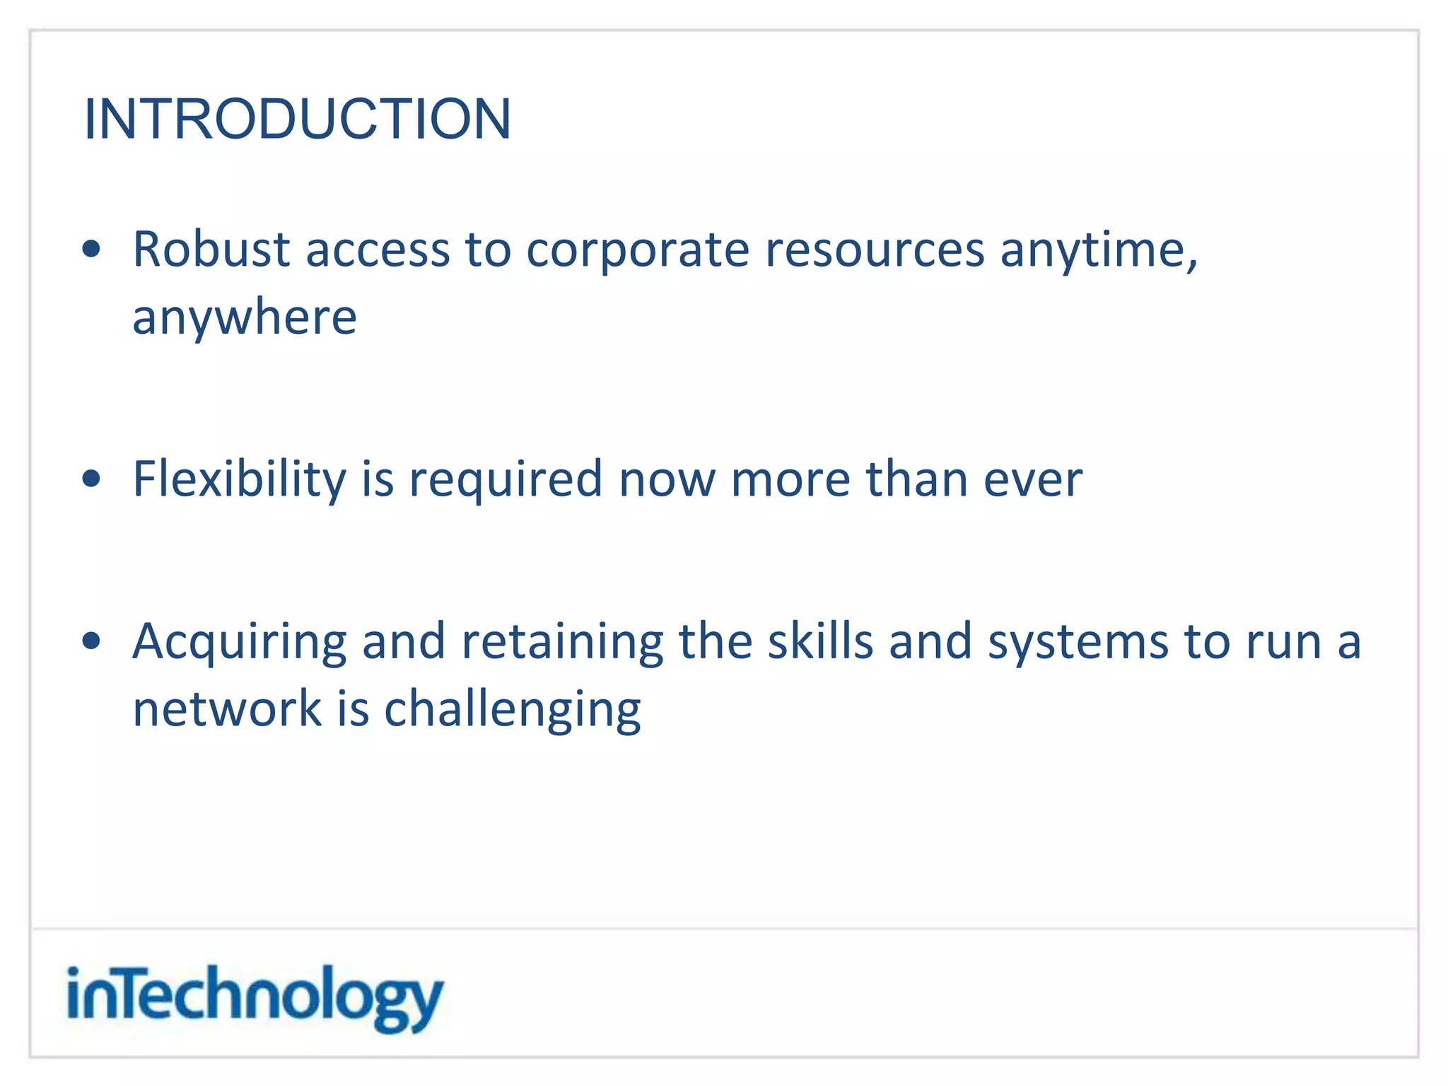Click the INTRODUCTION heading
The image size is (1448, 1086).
pos(297,119)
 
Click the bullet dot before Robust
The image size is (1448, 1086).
pos(91,249)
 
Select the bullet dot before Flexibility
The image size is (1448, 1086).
pos(91,479)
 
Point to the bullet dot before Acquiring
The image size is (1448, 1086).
pos(91,641)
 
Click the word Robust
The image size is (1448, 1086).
pos(211,249)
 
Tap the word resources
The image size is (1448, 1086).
pos(875,250)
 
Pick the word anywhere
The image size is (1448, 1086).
pos(245,318)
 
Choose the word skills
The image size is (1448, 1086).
pos(820,641)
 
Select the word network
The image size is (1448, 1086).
pos(227,709)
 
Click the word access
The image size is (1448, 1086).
pos(378,250)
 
